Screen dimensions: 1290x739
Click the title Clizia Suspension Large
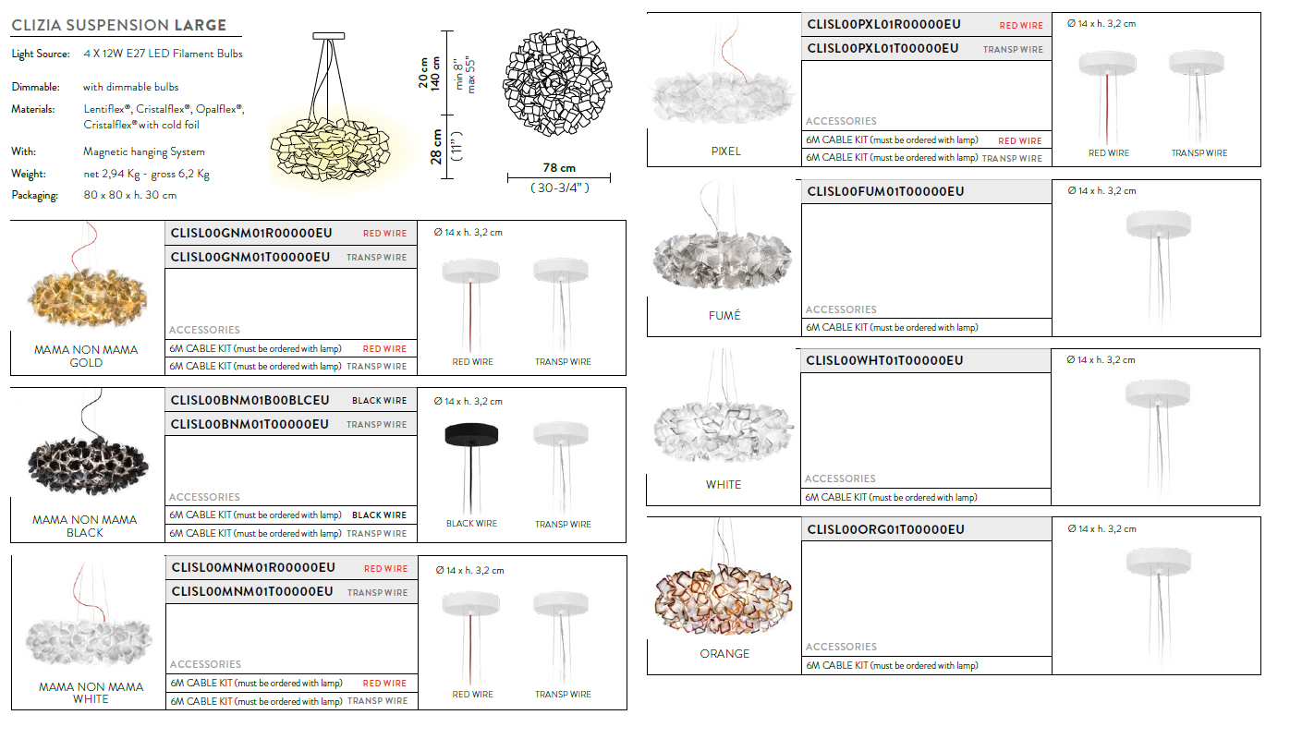(119, 25)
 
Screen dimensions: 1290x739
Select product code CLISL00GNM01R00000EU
(251, 233)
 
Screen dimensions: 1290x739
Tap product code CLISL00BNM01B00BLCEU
(249, 400)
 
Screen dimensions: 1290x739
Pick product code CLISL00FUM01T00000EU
(885, 191)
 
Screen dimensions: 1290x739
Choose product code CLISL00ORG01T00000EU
(885, 529)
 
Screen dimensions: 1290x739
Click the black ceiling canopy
(471, 434)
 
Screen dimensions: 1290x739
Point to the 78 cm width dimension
(559, 168)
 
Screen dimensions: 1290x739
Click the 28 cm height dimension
(436, 147)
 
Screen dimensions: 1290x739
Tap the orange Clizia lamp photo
(724, 599)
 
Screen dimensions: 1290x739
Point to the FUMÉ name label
(724, 315)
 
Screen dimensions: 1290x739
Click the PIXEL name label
(725, 151)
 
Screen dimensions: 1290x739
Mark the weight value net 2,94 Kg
(112, 174)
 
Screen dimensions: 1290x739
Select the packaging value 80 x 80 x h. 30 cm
(129, 195)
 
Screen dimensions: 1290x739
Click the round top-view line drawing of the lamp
(557, 82)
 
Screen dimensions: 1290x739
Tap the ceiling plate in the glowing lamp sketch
(329, 36)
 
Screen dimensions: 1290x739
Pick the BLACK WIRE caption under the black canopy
(471, 524)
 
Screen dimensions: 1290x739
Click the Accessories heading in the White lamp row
(840, 479)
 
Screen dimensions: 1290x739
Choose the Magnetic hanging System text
(144, 151)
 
